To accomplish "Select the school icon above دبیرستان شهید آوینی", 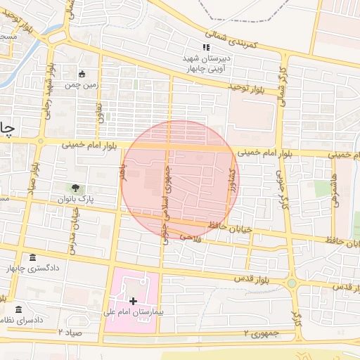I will coord(206,47).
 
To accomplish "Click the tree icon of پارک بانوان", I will coord(73,188).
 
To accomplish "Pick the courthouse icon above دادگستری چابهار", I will coord(32,257).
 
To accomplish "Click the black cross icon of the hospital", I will coord(133,300).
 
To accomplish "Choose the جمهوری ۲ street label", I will coord(261,332).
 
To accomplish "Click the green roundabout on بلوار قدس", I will coord(292,283).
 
